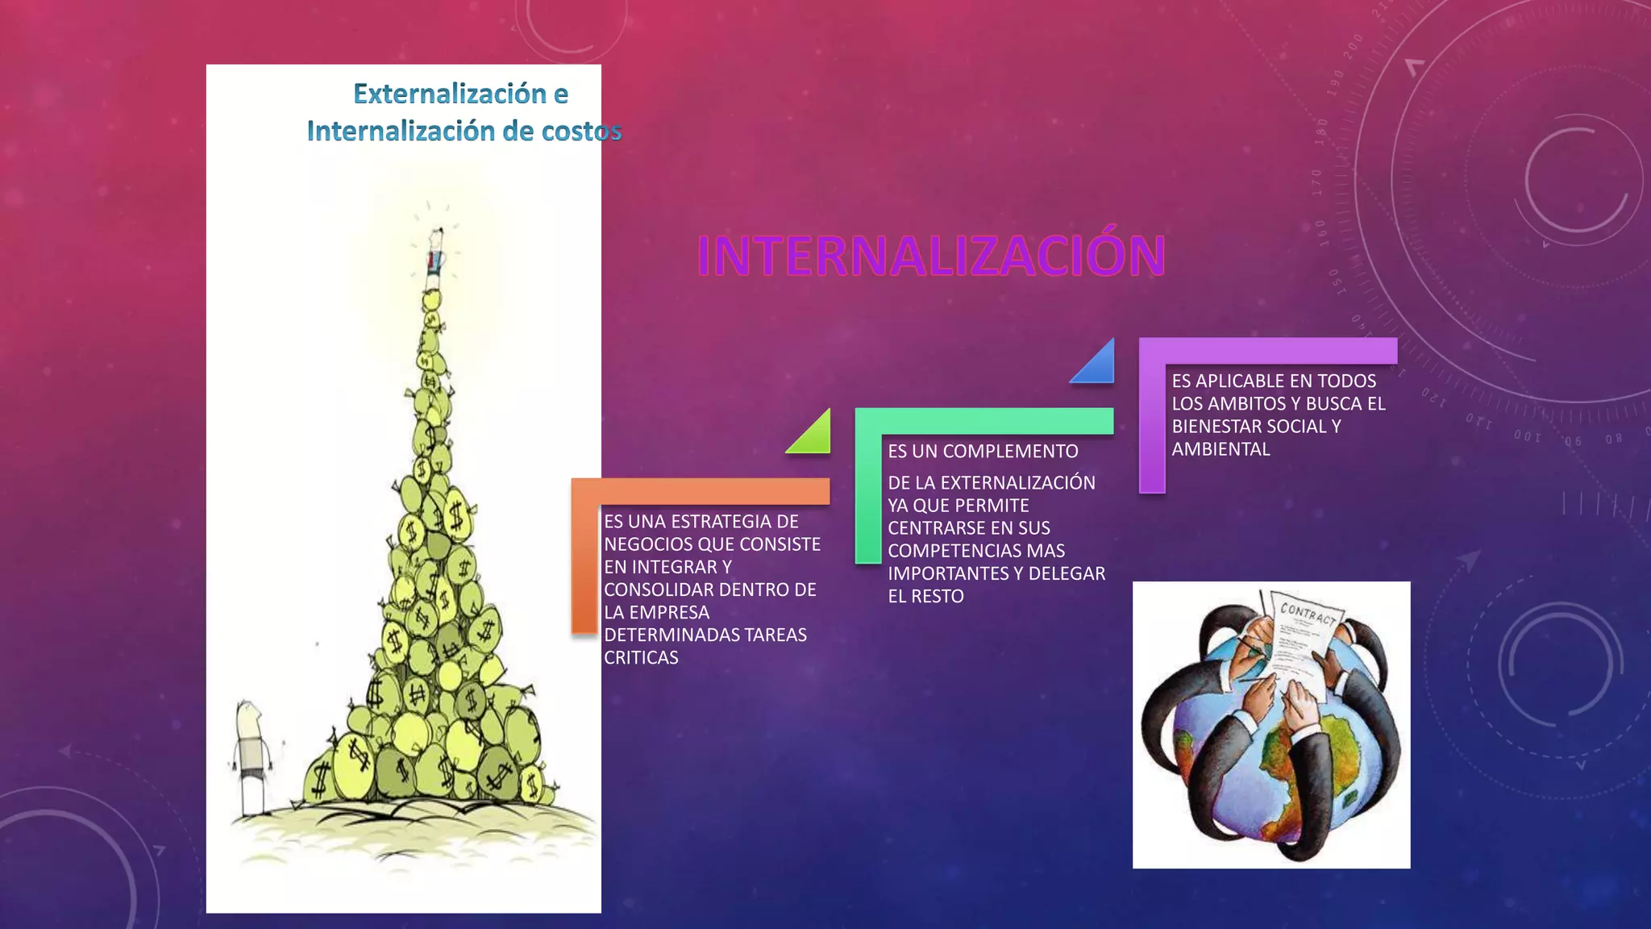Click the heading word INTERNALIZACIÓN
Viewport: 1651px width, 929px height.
(x=931, y=256)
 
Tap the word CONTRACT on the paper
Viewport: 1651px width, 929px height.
(x=1308, y=614)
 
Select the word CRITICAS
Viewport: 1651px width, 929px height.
(x=641, y=658)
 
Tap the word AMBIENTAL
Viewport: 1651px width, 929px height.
(x=1221, y=449)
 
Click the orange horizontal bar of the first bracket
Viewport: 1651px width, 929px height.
(x=700, y=491)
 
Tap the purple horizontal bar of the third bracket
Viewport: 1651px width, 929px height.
(x=1267, y=350)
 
